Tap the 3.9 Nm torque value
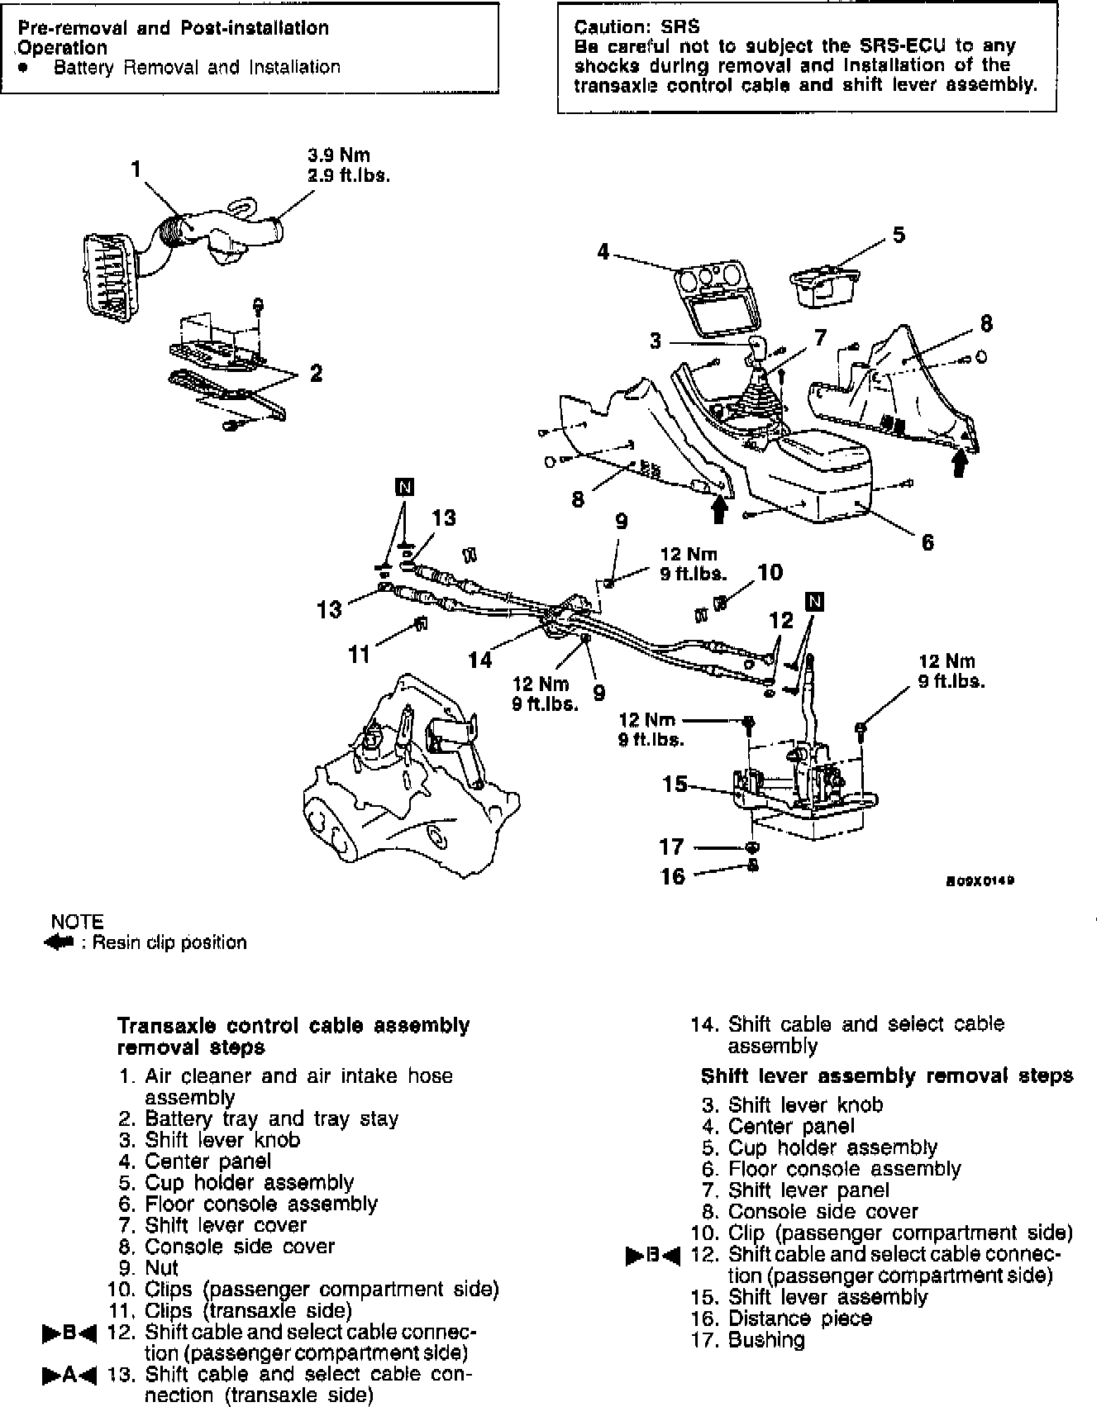339,155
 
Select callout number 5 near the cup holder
899,235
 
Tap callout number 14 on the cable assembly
480,659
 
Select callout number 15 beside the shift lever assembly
675,784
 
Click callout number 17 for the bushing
672,847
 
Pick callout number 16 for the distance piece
673,875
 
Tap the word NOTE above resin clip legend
77,922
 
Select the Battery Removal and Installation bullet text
197,67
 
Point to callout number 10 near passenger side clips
770,571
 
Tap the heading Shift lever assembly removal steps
887,1076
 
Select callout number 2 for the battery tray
316,374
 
